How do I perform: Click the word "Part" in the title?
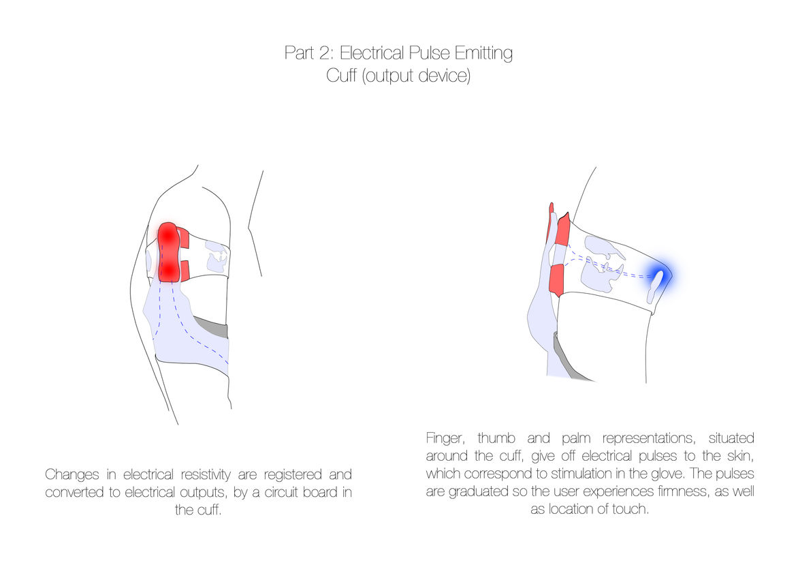pos(300,54)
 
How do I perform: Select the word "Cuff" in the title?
pos(340,76)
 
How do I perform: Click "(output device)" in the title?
pos(416,76)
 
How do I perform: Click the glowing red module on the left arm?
pos(169,252)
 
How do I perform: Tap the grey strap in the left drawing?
pos(212,328)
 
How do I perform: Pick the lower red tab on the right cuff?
pos(556,281)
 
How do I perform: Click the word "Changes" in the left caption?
pos(71,474)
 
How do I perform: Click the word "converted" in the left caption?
pos(77,492)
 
